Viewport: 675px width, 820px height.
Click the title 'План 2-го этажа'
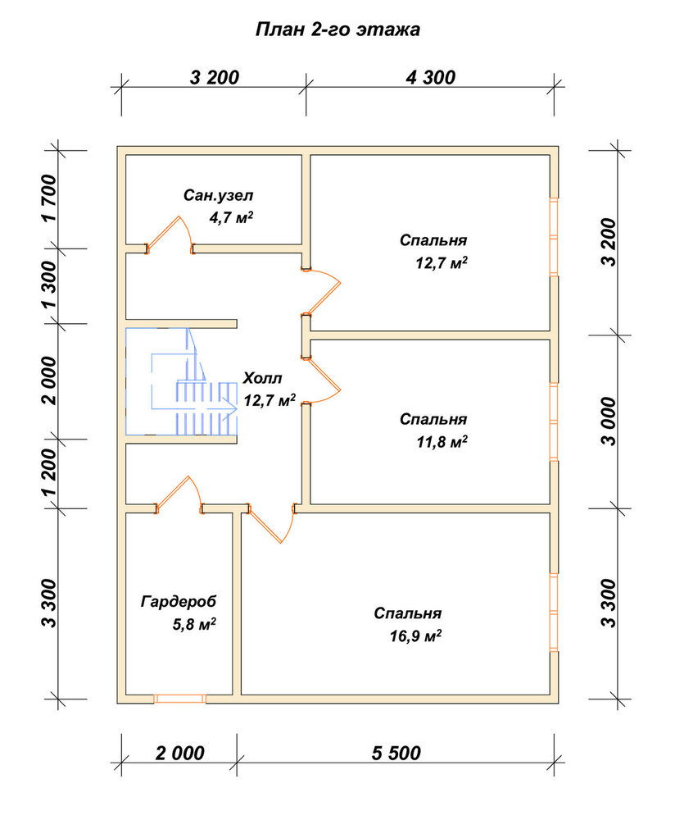click(337, 30)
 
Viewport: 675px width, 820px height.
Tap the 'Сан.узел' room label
click(219, 196)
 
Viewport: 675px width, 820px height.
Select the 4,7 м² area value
click(232, 217)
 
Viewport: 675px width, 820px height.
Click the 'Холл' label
click(262, 378)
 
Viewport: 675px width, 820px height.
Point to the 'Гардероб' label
click(178, 602)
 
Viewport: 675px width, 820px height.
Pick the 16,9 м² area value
click(415, 636)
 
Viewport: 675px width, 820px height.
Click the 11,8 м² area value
click(442, 443)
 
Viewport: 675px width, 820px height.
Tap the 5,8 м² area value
click(194, 624)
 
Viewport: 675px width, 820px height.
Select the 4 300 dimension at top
click(431, 77)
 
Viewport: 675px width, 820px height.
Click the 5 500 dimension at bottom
click(396, 753)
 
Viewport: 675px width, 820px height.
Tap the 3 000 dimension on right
click(608, 421)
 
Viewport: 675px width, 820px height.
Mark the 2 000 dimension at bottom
click(179, 753)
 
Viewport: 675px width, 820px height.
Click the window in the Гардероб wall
click(179, 699)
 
